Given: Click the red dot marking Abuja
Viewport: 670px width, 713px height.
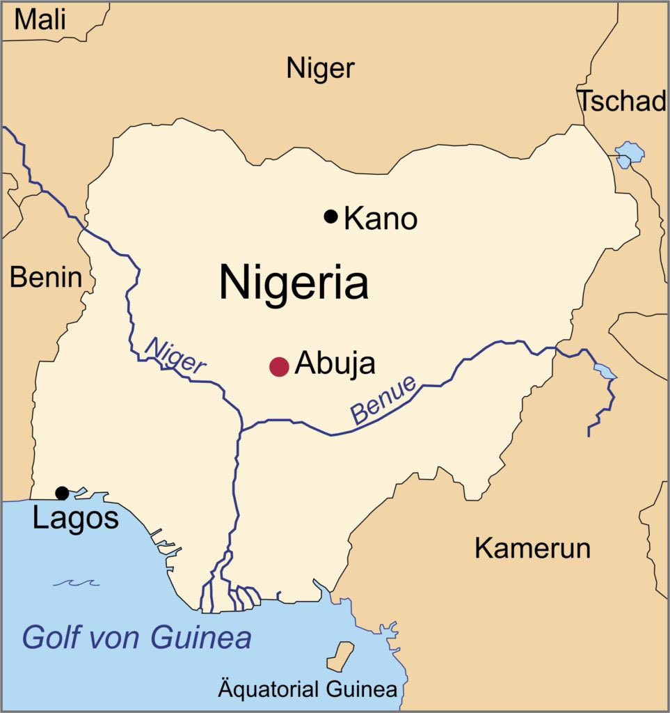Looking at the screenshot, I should pos(279,366).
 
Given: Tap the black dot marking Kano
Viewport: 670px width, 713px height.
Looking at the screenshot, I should pos(331,217).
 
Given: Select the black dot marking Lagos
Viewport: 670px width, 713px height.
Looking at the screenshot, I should pos(62,493).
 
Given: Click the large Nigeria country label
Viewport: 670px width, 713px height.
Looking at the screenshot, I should pos(293,283).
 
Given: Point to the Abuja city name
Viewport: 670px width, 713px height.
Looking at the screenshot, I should pos(335,363).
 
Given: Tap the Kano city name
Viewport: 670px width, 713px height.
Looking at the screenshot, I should pos(381,219).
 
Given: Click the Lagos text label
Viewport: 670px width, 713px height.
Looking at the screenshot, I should pos(75,519).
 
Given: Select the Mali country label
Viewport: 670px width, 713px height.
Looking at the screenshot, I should pos(40,19).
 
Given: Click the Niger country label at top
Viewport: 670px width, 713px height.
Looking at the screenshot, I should pos(320,68).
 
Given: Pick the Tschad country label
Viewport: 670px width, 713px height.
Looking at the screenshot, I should pos(623,102).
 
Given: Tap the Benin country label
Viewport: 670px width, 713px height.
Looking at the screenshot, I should pos(45,278).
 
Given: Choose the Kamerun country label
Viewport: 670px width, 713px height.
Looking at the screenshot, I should pos(532,548).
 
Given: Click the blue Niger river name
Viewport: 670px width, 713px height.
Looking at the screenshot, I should pos(175,355).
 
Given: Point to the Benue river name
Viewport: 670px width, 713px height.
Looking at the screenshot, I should pos(383,401).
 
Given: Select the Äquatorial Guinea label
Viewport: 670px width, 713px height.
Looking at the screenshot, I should pos(308,690).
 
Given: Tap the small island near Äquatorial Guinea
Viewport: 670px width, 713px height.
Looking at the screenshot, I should pos(340,655).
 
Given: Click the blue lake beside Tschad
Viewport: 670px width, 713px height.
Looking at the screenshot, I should pos(630,152).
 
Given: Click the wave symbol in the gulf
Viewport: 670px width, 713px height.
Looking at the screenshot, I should pos(76,583).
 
